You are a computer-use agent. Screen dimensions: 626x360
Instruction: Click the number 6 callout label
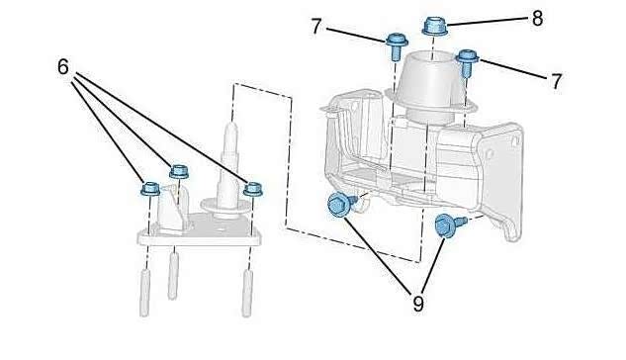(x=63, y=66)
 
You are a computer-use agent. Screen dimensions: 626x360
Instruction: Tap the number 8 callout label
(x=537, y=19)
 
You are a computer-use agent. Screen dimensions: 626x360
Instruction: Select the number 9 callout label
(x=417, y=305)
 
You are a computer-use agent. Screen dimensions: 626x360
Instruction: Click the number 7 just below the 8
(x=556, y=81)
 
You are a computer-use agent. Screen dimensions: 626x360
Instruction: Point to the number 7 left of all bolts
(x=316, y=27)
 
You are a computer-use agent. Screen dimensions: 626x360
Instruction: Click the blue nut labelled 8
(x=435, y=26)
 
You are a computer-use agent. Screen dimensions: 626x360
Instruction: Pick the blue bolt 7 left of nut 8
(x=396, y=45)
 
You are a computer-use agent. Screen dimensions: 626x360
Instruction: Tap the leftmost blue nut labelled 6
(x=150, y=189)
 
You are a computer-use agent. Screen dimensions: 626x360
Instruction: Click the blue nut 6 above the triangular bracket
(x=179, y=172)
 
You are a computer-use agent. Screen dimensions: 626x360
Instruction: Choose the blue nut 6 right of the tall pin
(x=253, y=189)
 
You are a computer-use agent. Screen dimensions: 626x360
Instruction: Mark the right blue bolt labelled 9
(x=449, y=225)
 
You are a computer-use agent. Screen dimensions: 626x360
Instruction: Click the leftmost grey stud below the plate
(x=144, y=293)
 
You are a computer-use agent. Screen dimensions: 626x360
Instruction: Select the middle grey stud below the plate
(x=173, y=276)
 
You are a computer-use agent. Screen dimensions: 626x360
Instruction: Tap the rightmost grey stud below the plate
(x=247, y=294)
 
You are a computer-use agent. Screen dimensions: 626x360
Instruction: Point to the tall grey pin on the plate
(x=229, y=167)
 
